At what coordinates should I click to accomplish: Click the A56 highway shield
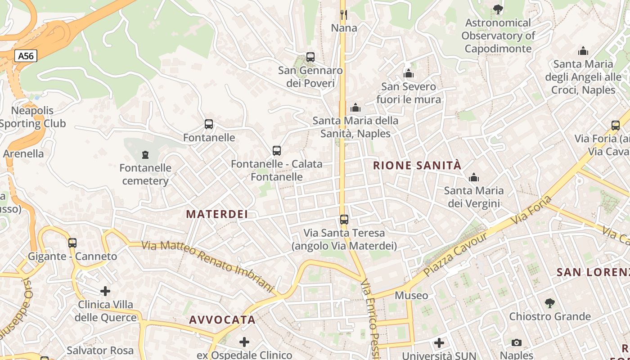tap(26, 56)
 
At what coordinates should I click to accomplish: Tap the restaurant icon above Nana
tap(344, 15)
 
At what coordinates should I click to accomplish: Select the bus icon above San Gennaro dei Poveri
tap(310, 57)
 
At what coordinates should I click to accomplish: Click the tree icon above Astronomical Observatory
tap(498, 9)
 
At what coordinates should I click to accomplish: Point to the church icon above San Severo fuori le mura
tap(409, 73)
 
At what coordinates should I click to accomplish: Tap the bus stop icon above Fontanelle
tap(209, 124)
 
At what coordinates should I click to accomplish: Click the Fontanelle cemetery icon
tap(145, 155)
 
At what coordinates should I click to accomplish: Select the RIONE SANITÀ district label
tap(417, 166)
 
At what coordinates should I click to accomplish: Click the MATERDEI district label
tap(217, 214)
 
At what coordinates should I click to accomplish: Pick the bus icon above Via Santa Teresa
tap(344, 220)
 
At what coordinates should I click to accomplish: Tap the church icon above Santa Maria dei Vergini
tap(473, 178)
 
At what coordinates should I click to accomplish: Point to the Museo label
tap(411, 296)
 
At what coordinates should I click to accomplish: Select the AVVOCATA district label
tap(222, 320)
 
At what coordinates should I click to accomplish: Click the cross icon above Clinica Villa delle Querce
tap(105, 291)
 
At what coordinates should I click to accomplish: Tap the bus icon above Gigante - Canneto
tap(72, 243)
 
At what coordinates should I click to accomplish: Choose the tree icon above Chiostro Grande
tap(549, 303)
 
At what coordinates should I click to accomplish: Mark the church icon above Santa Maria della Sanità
tap(355, 108)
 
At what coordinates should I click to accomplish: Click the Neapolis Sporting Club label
tap(33, 117)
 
